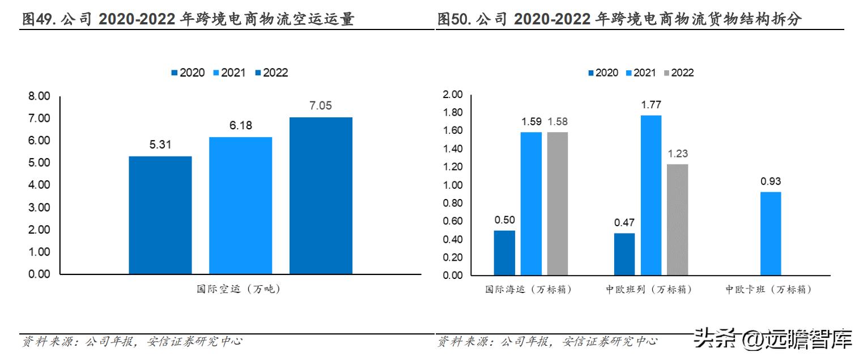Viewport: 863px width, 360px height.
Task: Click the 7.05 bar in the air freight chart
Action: pyautogui.click(x=321, y=196)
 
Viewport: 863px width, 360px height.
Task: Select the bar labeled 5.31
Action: pyautogui.click(x=160, y=215)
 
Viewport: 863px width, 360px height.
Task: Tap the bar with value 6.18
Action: pyautogui.click(x=240, y=205)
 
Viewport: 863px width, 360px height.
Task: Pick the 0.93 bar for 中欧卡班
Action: pyautogui.click(x=770, y=233)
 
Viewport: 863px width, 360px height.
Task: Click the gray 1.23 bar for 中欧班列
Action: pyautogui.click(x=677, y=219)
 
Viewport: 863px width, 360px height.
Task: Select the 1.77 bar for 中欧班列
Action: pyautogui.click(x=651, y=195)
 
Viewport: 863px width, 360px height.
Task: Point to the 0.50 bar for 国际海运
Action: pyautogui.click(x=504, y=252)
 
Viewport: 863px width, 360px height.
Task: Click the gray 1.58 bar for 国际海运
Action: pyautogui.click(x=558, y=204)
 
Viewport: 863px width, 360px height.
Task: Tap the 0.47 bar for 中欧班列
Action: pyautogui.click(x=624, y=254)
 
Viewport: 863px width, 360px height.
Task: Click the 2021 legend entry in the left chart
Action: pyautogui.click(x=229, y=73)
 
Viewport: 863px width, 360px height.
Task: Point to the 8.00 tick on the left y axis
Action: pyautogui.click(x=40, y=96)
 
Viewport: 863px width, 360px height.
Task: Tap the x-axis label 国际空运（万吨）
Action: pyautogui.click(x=239, y=290)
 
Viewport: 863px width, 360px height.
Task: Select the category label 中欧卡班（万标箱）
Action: pyautogui.click(x=768, y=290)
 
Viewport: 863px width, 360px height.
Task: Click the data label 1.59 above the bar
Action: pyautogui.click(x=531, y=121)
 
